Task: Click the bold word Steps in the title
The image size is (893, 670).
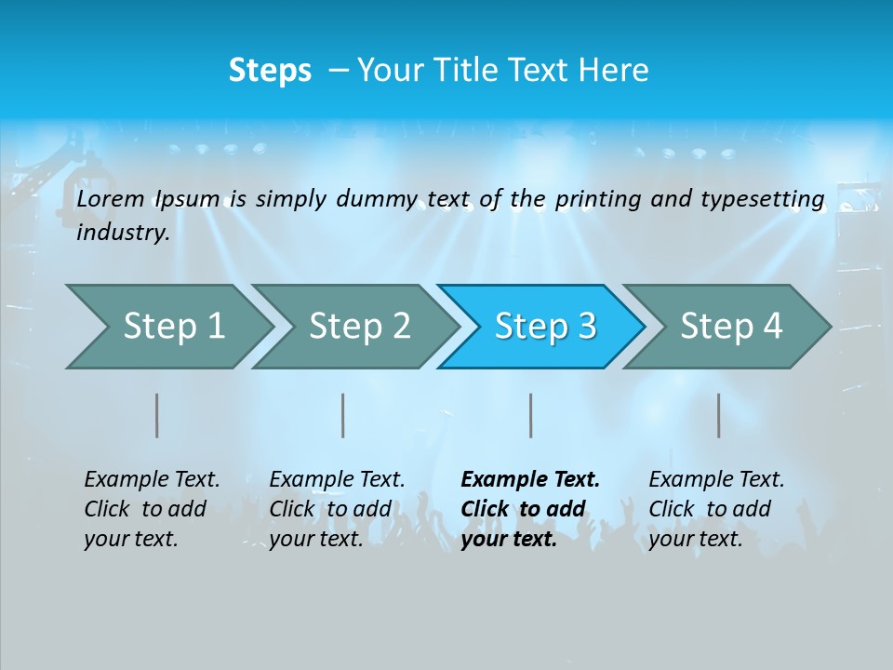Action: pyautogui.click(x=270, y=71)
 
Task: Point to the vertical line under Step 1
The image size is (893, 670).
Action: pyautogui.click(x=157, y=415)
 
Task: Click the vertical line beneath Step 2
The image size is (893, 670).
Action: pyautogui.click(x=343, y=415)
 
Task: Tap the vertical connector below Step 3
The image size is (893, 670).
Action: pyautogui.click(x=531, y=415)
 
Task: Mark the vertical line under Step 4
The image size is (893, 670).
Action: pyautogui.click(x=719, y=415)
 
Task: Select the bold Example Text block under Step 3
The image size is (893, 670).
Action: pyautogui.click(x=530, y=509)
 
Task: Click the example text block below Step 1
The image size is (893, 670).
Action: pyautogui.click(x=152, y=509)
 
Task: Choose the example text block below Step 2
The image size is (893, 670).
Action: pyautogui.click(x=337, y=509)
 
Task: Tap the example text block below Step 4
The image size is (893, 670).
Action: pyautogui.click(x=716, y=509)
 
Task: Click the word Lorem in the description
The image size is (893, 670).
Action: pyautogui.click(x=111, y=199)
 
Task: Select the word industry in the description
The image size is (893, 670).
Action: pyautogui.click(x=122, y=233)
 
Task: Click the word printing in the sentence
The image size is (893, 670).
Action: pyautogui.click(x=598, y=199)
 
